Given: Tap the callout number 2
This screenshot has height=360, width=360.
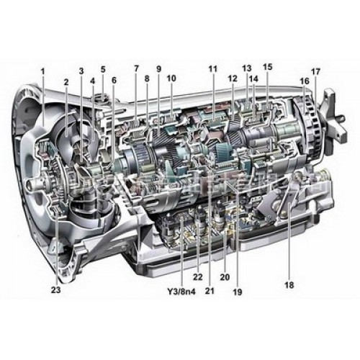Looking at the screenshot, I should click(x=66, y=82).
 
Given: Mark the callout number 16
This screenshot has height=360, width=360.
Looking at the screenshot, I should click(x=305, y=82).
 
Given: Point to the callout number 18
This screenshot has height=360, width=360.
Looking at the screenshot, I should click(x=289, y=285).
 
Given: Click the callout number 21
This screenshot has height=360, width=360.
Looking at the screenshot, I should click(x=210, y=291).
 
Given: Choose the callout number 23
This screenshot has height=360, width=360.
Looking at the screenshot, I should click(x=55, y=292).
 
